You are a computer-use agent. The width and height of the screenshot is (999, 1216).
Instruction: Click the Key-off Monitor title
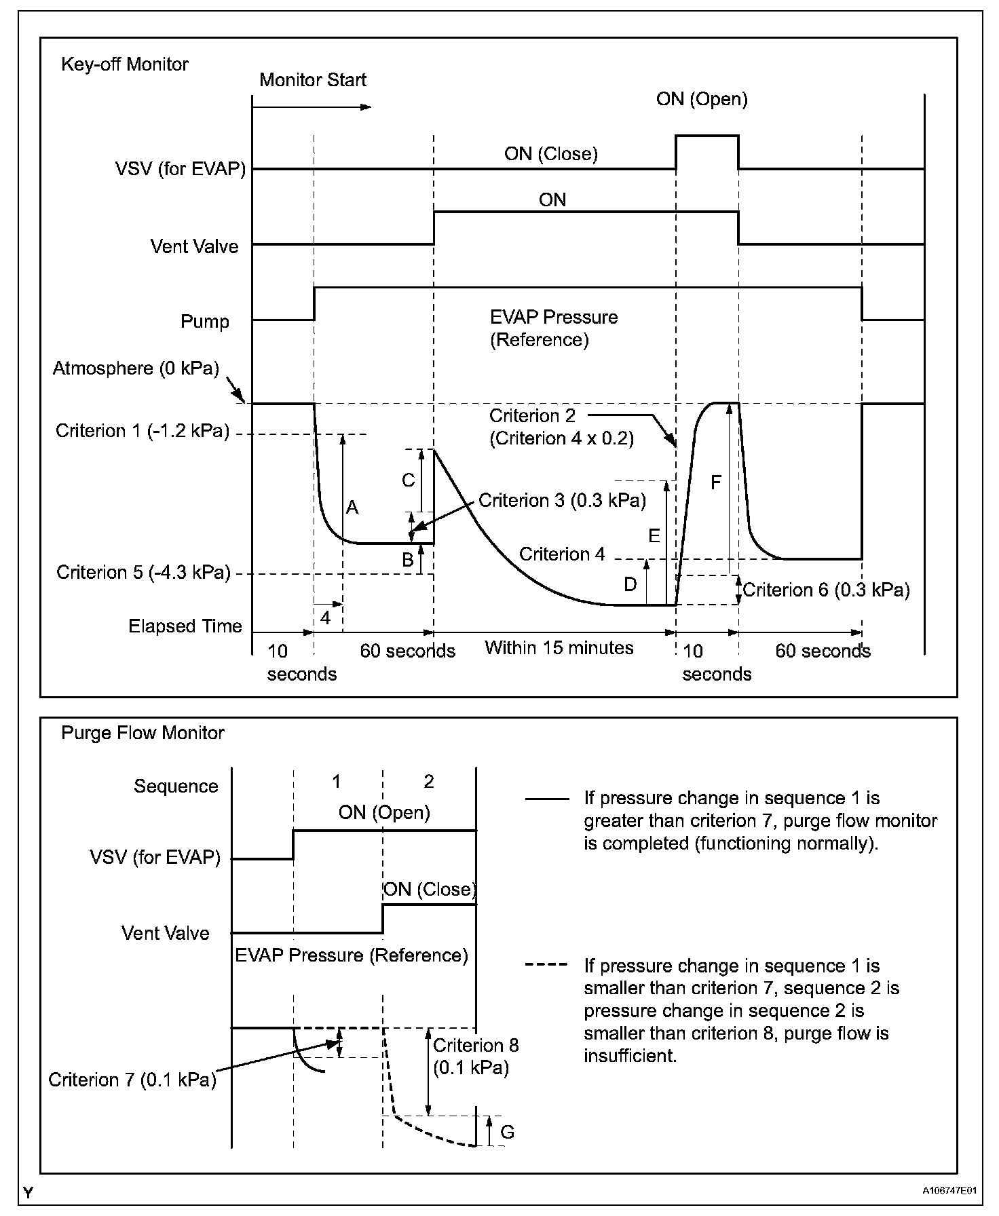(125, 64)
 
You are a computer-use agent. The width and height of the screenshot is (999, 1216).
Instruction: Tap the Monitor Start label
(312, 80)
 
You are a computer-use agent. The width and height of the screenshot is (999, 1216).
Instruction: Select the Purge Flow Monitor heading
(143, 733)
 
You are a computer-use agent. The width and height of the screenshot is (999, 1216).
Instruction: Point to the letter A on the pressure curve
(352, 508)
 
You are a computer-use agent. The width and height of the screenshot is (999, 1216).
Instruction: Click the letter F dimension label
(716, 482)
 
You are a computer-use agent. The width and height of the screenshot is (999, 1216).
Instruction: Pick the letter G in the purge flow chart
(507, 1132)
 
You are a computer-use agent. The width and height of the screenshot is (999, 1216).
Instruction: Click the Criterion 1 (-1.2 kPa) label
(143, 431)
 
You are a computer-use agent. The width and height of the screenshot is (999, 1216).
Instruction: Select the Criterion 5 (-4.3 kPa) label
(143, 573)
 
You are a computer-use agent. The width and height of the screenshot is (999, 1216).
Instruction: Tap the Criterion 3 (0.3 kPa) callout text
(562, 501)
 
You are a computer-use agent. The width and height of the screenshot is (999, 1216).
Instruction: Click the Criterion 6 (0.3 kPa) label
(826, 590)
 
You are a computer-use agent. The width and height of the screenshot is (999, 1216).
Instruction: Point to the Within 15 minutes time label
(559, 648)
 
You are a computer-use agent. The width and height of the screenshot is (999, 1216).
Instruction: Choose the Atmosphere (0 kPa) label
(136, 368)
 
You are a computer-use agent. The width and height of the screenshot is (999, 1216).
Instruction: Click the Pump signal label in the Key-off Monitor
(204, 321)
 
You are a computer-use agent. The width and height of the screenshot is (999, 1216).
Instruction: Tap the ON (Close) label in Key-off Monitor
(550, 154)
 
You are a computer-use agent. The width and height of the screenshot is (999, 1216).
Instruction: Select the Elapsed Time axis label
(185, 626)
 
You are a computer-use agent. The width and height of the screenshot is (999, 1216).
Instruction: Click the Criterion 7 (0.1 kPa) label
(132, 1080)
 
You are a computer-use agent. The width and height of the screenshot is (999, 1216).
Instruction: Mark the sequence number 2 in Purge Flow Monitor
(428, 782)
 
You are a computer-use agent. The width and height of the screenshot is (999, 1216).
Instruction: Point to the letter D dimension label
(630, 584)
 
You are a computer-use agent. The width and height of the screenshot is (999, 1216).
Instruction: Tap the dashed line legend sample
(546, 965)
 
